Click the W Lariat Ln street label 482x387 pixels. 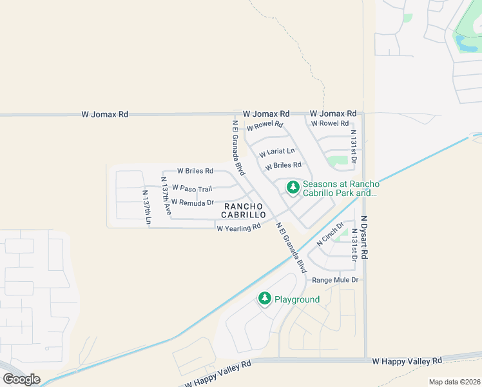coord(276,153)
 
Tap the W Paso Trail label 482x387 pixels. coord(191,189)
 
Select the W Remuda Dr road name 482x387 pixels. coord(192,203)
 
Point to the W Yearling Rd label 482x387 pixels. coord(238,228)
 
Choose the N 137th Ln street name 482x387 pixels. coord(147,207)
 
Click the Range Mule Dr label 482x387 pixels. coord(334,281)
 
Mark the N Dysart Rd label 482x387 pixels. coord(364,237)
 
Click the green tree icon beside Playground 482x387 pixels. coord(264,299)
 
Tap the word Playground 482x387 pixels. coord(297,299)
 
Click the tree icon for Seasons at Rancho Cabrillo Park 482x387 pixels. coord(293,188)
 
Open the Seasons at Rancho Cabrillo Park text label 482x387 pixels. coord(341,188)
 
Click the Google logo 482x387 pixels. coord(21,379)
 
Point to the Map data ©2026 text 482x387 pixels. coord(454,382)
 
